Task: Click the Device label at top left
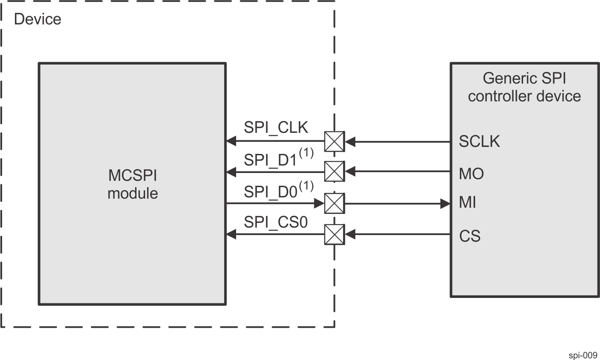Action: point(38,19)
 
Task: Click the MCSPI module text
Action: point(133,185)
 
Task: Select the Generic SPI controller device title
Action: point(524,87)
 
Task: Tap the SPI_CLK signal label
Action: point(276,127)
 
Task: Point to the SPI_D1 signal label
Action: point(270,160)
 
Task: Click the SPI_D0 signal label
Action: point(270,192)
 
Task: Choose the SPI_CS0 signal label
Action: point(276,222)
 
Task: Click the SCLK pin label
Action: point(479,142)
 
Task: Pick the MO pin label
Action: point(471,174)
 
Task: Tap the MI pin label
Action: point(467,203)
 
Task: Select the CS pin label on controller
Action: point(470,236)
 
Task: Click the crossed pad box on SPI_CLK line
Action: point(334,142)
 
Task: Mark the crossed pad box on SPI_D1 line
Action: point(334,172)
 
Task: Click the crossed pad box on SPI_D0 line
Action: point(334,204)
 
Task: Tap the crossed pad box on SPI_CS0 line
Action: point(334,235)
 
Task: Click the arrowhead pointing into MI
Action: point(445,204)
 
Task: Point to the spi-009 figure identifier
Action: point(583,355)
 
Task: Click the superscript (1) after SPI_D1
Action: point(306,154)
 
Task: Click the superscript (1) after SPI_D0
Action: point(306,186)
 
